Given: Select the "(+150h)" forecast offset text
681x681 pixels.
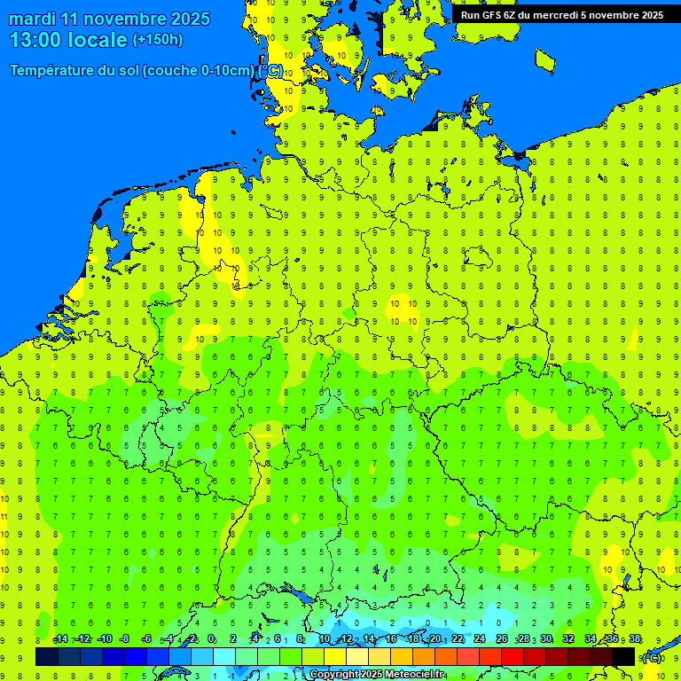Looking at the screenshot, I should point(157,40).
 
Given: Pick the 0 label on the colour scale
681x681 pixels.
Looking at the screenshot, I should point(211,639).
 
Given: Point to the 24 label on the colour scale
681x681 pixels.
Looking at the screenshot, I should point(480,639).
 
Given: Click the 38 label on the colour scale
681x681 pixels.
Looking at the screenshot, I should point(635,639).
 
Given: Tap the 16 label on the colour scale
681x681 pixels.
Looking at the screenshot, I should point(391,639).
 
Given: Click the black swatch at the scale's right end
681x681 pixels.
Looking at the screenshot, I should point(623,656).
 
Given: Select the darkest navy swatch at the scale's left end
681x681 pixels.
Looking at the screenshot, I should point(47,656).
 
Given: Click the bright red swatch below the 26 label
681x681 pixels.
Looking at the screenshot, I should point(513,656).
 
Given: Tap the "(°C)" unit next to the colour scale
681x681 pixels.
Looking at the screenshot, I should point(652,657).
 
